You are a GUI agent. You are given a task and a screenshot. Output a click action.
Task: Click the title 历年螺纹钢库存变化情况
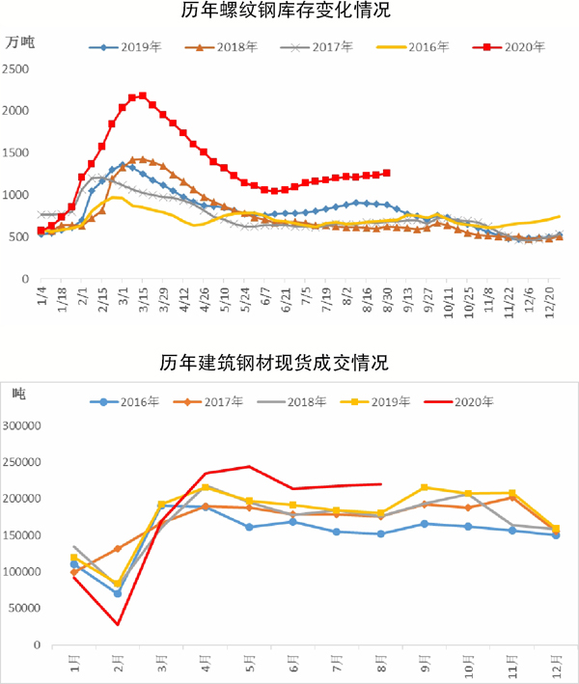pyautogui.click(x=289, y=13)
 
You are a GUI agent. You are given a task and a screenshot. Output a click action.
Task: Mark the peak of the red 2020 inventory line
pyautogui.click(x=143, y=96)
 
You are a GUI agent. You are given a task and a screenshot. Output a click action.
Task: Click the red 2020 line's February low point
pyautogui.click(x=118, y=624)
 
